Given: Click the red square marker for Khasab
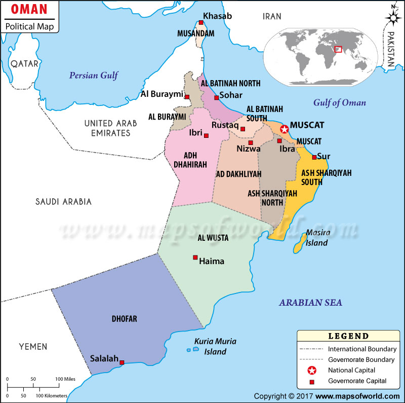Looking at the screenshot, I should point(201,23).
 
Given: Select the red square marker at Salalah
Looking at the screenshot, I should point(121,362).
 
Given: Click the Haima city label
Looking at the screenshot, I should point(212,262).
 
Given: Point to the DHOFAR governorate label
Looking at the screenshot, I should point(125,319).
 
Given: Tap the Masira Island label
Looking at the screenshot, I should point(316,238).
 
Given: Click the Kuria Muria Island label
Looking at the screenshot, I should point(213,346).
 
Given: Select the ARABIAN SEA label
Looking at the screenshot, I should point(310,303).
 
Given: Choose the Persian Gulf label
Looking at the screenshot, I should point(94,76).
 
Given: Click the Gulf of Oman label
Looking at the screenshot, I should point(339,102).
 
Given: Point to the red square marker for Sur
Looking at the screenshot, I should point(314,157).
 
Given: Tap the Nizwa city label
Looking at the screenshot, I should point(249,149).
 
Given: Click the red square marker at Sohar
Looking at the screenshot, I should point(216,97).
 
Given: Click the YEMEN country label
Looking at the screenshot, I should point(33,347).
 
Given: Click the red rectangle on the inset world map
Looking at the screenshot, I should point(338,50).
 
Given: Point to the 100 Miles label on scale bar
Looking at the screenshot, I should point(65,379).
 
